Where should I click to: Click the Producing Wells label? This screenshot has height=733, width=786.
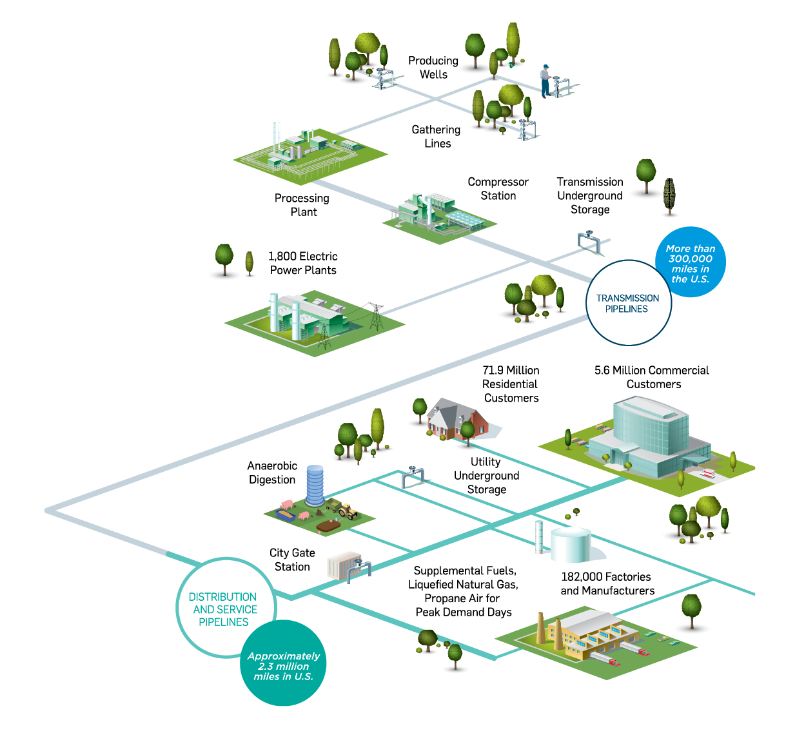click(433, 68)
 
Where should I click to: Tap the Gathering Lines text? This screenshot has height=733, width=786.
click(437, 137)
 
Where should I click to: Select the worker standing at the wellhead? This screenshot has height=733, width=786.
click(545, 81)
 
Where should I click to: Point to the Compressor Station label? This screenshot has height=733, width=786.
click(498, 189)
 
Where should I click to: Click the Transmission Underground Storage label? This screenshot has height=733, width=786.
click(590, 195)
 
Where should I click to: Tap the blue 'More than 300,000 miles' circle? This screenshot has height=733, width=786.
click(691, 262)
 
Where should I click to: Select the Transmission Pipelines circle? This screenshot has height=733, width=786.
click(628, 304)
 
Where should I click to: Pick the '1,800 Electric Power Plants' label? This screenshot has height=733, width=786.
click(303, 263)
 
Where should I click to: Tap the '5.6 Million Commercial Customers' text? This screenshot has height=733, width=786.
click(651, 377)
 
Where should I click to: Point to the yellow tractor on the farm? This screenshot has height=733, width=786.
click(347, 511)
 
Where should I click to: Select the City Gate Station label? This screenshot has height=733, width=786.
click(292, 560)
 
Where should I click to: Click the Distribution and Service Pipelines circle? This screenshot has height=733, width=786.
click(224, 609)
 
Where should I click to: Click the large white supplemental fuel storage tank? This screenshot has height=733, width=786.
click(571, 545)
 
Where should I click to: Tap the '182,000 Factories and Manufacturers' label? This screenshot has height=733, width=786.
click(607, 583)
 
